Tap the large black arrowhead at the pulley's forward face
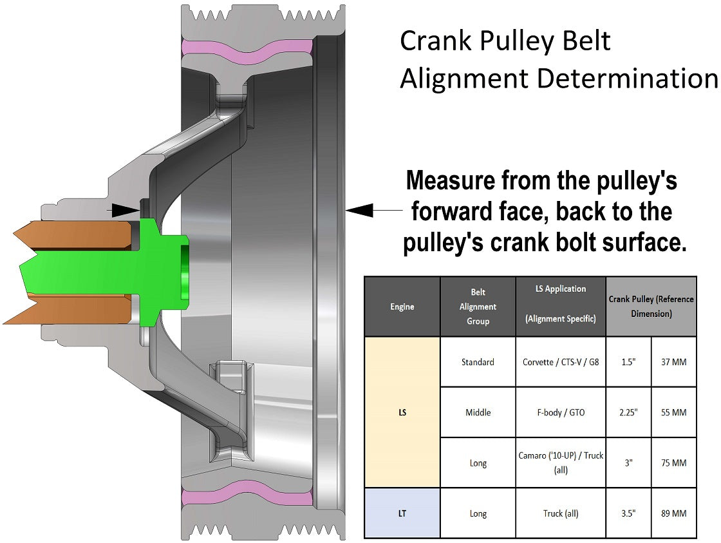pos(358,209)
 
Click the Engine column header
pos(402,307)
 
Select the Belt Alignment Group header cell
pos(478,307)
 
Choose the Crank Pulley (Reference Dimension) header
pos(651,307)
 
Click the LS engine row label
pos(402,412)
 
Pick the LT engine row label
pos(402,513)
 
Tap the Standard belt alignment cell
pos(478,362)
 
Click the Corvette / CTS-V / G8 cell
pos(560,362)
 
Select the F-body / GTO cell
pos(560,412)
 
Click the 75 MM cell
pos(673,462)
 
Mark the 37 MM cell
pos(673,362)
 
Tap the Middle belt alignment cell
pos(478,412)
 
